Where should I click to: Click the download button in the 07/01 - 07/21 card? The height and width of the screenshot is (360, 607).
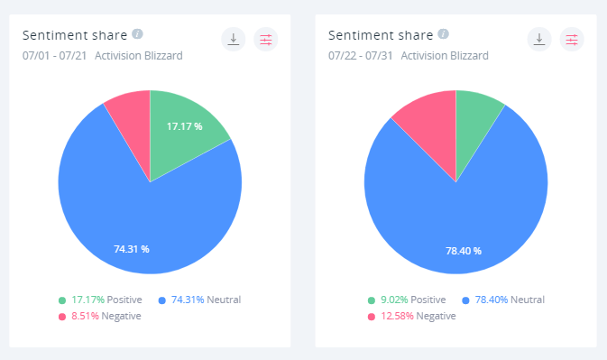click(x=233, y=39)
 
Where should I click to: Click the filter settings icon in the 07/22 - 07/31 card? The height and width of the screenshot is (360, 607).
click(x=572, y=39)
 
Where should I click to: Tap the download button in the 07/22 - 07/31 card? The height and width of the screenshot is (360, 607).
click(x=538, y=39)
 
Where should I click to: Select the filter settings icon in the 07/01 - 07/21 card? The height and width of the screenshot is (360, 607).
click(x=266, y=39)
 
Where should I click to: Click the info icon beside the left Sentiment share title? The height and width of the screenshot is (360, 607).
click(x=137, y=34)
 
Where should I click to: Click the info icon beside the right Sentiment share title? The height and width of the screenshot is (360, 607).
click(x=443, y=34)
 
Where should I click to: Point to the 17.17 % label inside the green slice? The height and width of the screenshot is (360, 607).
click(x=184, y=126)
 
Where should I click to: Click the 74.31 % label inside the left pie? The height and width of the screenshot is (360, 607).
click(x=132, y=249)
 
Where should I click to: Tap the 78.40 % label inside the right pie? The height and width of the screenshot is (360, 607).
click(x=463, y=250)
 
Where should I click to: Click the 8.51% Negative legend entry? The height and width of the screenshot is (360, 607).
click(x=103, y=316)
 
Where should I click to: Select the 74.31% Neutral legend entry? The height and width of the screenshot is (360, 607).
click(x=200, y=300)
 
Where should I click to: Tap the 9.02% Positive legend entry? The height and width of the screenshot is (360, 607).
click(x=409, y=300)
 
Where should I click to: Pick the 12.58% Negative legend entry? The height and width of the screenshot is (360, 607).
click(x=411, y=316)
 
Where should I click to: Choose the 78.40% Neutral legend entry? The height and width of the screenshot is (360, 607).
click(x=505, y=300)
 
